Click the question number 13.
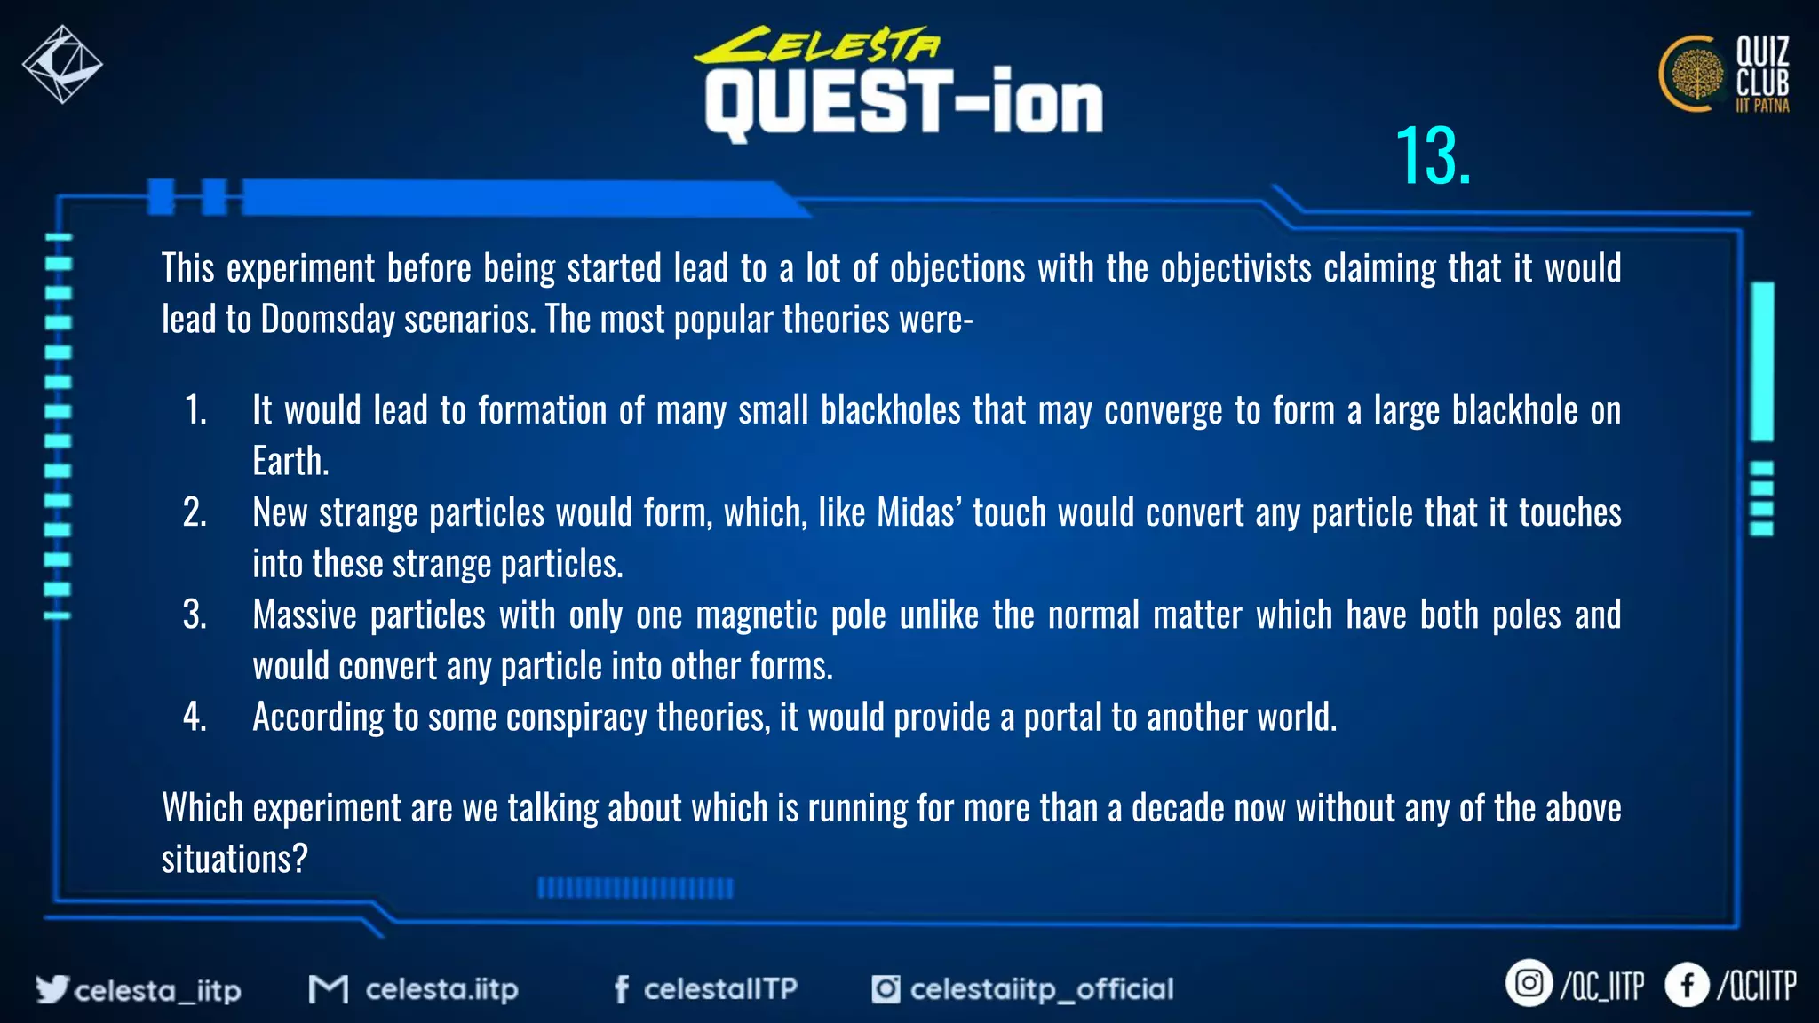click(1432, 157)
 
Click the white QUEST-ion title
click(903, 104)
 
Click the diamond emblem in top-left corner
click(61, 65)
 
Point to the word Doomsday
click(328, 320)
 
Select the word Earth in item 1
click(290, 462)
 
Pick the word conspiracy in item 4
click(576, 718)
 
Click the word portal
click(1063, 718)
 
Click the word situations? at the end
click(234, 860)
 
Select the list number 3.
click(195, 615)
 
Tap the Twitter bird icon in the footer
click(52, 988)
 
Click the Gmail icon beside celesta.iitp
click(328, 989)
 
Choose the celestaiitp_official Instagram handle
click(1041, 989)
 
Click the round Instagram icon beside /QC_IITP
click(1528, 984)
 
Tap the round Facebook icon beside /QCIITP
click(1687, 985)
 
